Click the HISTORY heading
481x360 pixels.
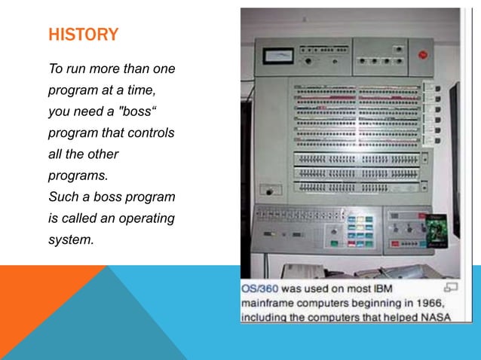coord(83,35)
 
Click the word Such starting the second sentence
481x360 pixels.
coord(63,198)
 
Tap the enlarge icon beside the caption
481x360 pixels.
coord(451,287)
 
